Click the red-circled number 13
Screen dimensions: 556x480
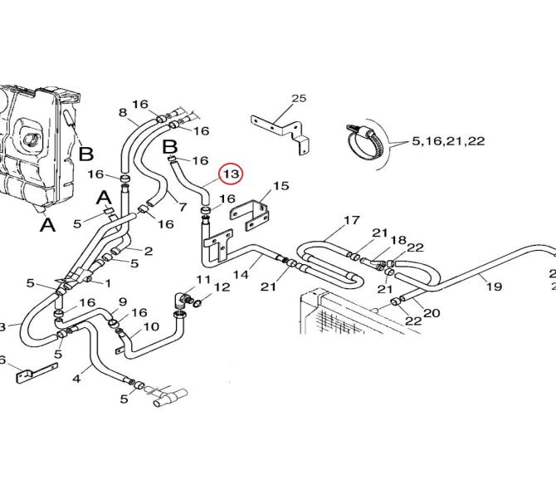point(231,174)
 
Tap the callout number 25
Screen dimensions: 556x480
point(299,98)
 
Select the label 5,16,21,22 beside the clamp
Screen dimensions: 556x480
point(448,141)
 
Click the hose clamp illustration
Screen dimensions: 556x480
point(366,141)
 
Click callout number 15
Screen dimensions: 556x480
point(280,185)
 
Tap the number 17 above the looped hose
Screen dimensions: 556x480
point(351,220)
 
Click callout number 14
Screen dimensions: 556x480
point(241,274)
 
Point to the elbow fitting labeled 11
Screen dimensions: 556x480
point(183,301)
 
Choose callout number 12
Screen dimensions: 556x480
point(222,287)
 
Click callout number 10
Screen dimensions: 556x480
point(151,326)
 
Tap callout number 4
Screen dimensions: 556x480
point(76,379)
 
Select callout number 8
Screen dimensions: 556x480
point(123,112)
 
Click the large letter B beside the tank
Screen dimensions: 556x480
point(85,154)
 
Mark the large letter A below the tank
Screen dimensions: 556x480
point(47,224)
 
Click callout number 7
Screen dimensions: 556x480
point(183,207)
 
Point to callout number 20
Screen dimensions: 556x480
point(432,313)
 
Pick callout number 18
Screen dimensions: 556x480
point(398,240)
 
